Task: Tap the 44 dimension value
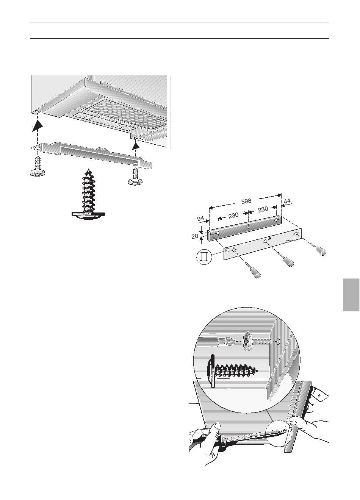(x=287, y=201)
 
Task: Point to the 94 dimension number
(x=200, y=219)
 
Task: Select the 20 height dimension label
(x=195, y=236)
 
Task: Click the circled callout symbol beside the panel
(x=204, y=257)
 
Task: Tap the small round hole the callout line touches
(x=227, y=250)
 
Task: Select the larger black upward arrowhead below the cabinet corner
(x=38, y=126)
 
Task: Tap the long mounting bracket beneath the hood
(x=92, y=154)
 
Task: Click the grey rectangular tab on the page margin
(x=351, y=295)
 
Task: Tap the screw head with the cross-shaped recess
(x=247, y=341)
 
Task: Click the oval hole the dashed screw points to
(x=278, y=341)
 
